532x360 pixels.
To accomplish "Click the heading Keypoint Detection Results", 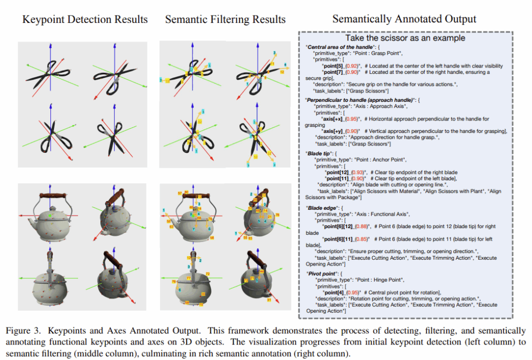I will click(85, 20).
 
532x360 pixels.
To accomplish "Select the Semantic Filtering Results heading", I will click(225, 20).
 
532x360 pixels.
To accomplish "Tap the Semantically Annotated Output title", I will click(404, 19).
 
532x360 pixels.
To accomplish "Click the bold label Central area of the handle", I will click(338, 47).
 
